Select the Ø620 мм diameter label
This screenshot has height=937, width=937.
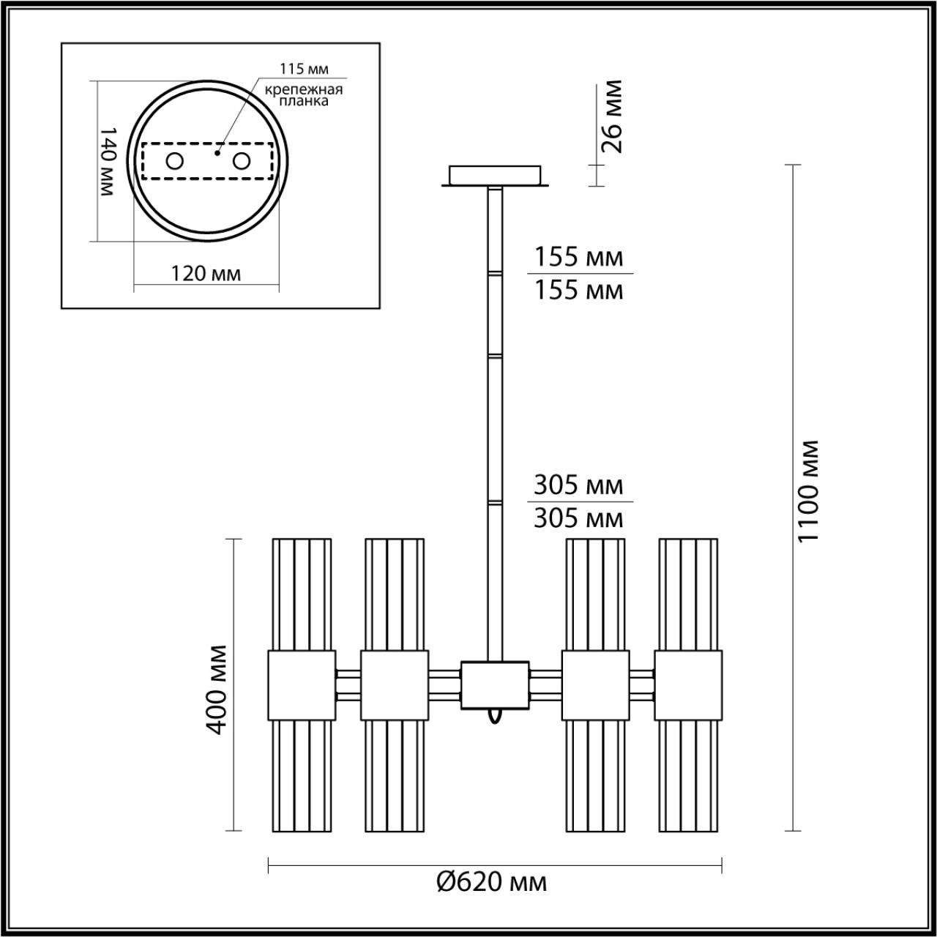click(491, 881)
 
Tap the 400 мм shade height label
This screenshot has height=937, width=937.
click(216, 689)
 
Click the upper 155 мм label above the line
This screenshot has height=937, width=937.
click(578, 257)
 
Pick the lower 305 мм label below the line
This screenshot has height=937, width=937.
click(578, 518)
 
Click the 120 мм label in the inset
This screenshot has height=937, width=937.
click(206, 274)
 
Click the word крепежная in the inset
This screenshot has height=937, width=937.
click(304, 89)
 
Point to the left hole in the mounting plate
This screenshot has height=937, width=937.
click(174, 161)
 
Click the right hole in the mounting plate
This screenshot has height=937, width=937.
click(242, 161)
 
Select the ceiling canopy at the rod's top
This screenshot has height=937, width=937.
click(495, 176)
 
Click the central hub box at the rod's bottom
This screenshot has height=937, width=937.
click(495, 685)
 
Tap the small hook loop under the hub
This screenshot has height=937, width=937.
click(496, 715)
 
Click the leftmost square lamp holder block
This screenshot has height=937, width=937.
click(301, 685)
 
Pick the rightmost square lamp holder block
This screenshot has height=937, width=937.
click(688, 685)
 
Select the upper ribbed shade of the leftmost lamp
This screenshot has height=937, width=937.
click(302, 594)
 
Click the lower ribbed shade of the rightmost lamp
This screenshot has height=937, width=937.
click(688, 776)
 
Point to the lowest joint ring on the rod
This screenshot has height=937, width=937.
click(496, 503)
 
